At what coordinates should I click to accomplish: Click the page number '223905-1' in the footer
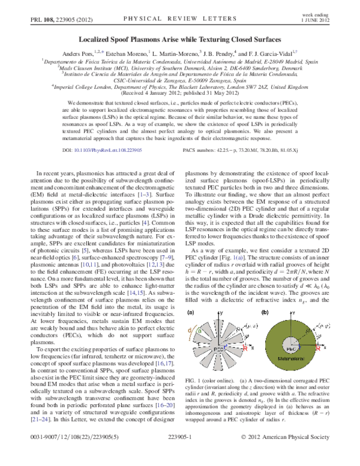pyautogui.click(x=179, y=455)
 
